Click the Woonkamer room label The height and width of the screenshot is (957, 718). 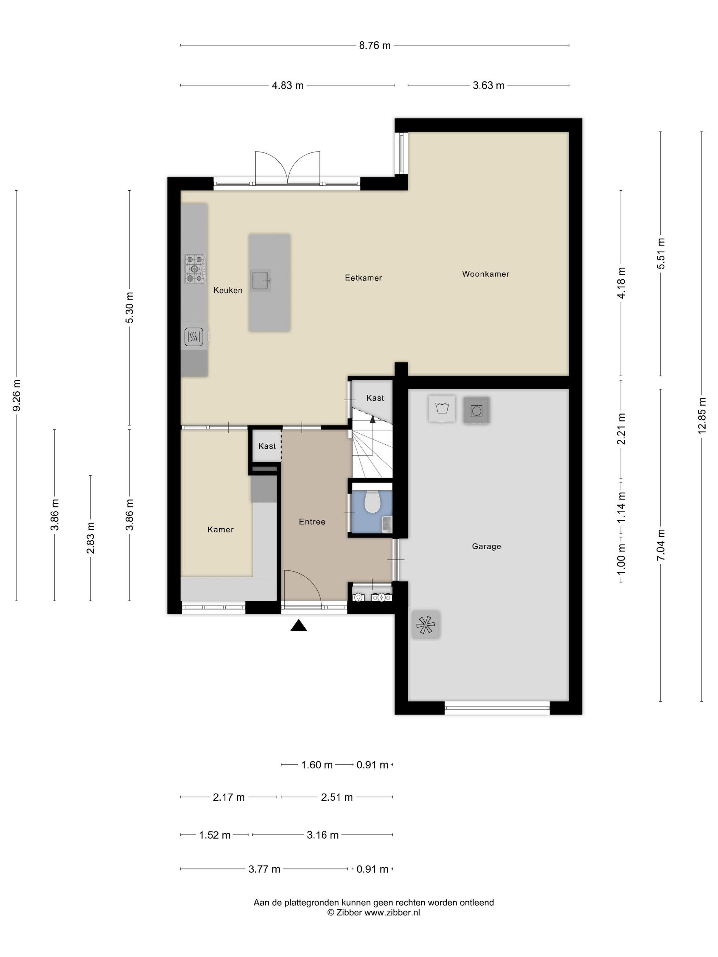[x=485, y=274]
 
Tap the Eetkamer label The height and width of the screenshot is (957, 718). [x=363, y=278]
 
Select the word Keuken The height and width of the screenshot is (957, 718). [x=228, y=290]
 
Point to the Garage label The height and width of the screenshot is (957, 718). [x=486, y=547]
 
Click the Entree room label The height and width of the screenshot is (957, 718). [x=311, y=522]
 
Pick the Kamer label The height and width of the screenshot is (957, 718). [x=220, y=529]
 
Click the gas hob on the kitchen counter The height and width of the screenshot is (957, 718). [x=195, y=269]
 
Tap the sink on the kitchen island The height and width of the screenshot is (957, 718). [x=261, y=280]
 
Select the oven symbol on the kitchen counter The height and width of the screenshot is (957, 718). [x=194, y=337]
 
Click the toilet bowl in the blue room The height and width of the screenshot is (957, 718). [x=372, y=501]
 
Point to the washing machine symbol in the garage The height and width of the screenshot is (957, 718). [x=441, y=408]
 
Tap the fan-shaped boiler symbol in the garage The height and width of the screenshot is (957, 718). [x=425, y=624]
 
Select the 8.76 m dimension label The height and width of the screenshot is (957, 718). [x=374, y=45]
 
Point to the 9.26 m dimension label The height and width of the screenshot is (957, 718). [x=16, y=395]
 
